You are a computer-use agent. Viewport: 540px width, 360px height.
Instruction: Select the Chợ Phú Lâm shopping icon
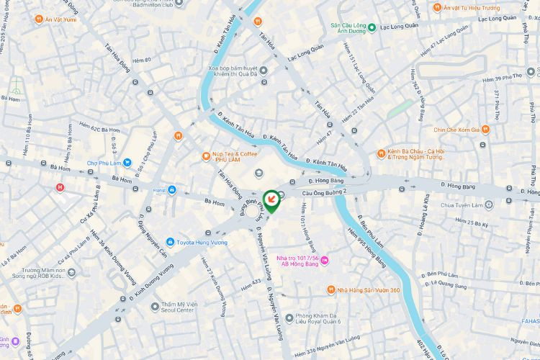pyautogui.click(x=127, y=163)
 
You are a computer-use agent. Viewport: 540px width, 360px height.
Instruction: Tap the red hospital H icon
pyautogui.click(x=60, y=188)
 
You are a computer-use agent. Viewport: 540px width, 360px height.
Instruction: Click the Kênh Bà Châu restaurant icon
pyautogui.click(x=381, y=153)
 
